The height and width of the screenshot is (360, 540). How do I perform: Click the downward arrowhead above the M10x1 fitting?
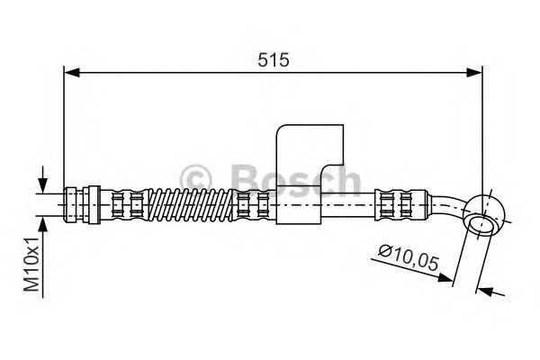[x=42, y=184]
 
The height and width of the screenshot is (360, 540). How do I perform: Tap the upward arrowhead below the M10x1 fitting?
[x=42, y=223]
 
